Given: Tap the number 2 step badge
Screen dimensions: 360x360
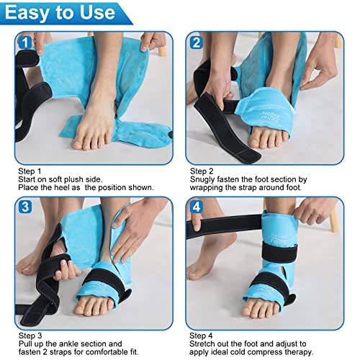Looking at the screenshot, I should pyautogui.click(x=195, y=42).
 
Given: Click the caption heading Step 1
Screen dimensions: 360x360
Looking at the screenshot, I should pyautogui.click(x=31, y=171).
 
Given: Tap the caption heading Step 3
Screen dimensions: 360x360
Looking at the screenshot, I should pyautogui.click(x=31, y=335).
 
